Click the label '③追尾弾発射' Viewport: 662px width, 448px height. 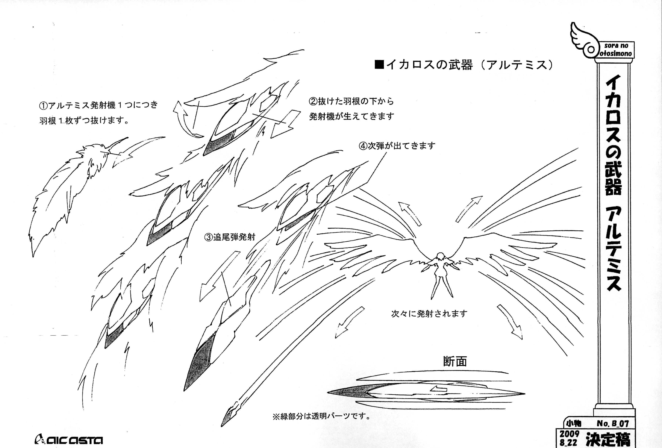230,237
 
